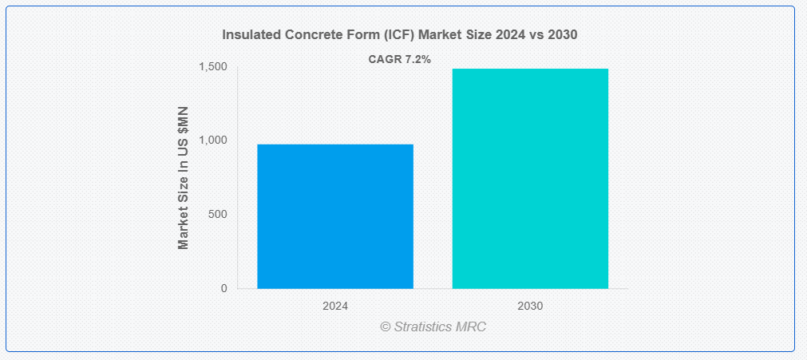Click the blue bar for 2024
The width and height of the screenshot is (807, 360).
click(335, 216)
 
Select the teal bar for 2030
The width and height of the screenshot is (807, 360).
click(530, 179)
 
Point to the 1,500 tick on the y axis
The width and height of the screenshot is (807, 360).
click(213, 67)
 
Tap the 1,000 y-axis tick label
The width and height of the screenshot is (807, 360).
click(213, 140)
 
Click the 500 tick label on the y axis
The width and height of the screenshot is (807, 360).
click(218, 214)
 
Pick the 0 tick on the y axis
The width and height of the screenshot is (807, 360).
click(224, 288)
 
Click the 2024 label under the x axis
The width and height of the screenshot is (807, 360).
click(335, 306)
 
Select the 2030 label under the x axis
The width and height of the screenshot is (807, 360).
click(531, 306)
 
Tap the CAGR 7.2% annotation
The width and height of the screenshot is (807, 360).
click(399, 59)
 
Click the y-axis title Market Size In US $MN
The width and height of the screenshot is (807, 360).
click(184, 178)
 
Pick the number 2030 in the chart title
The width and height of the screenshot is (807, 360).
click(564, 35)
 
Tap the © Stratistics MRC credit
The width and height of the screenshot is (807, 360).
click(433, 326)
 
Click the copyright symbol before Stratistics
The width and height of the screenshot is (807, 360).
click(386, 326)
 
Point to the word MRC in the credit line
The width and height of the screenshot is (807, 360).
click(470, 326)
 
